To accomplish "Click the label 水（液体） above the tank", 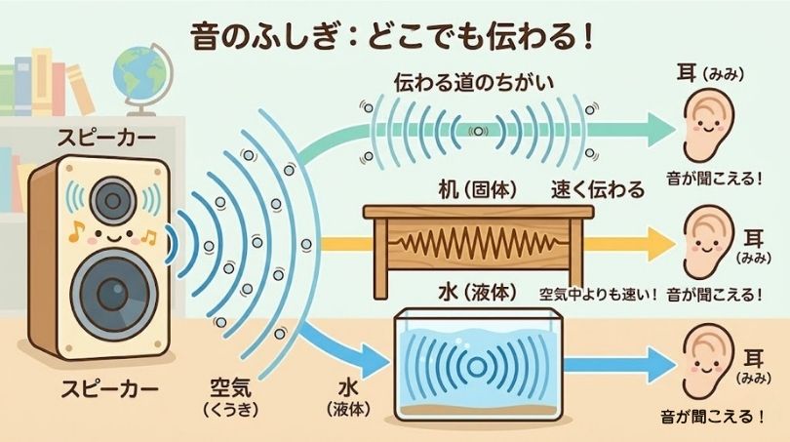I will pos(476,293).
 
